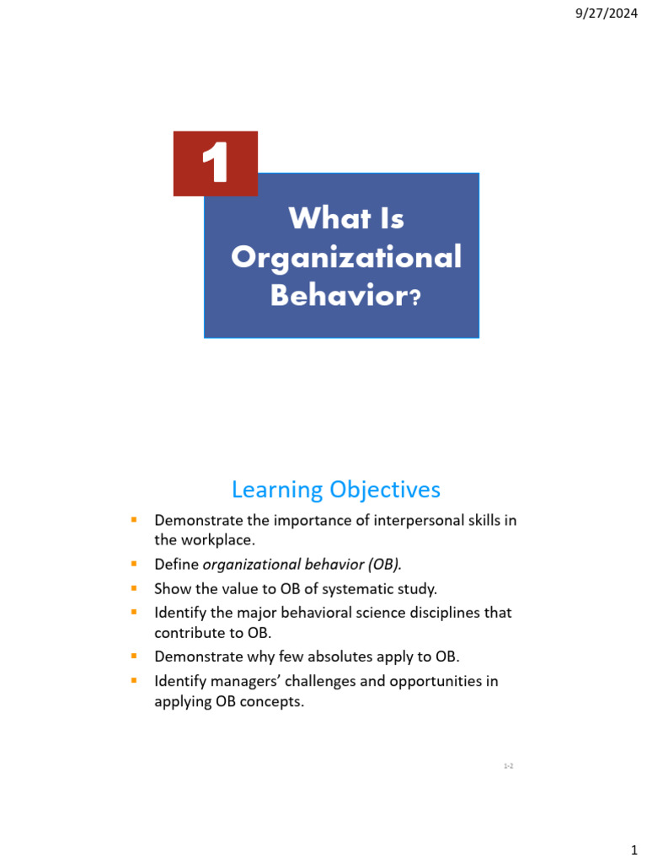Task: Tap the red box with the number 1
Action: coord(216,163)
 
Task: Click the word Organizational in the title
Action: coord(346,257)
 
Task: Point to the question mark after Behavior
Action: coord(413,298)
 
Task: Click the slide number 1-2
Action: coord(508,765)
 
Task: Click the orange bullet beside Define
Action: coord(133,562)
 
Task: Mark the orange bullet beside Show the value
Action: coord(133,587)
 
